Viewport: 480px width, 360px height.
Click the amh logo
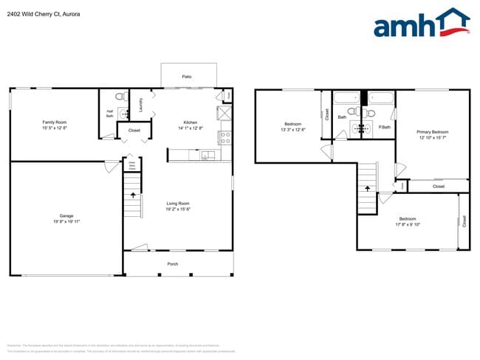[421, 24]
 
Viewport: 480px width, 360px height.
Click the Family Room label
[55, 122]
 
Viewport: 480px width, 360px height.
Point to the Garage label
[66, 216]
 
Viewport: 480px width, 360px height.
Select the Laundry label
[140, 105]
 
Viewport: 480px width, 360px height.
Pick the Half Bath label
[109, 114]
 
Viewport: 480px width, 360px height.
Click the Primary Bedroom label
[433, 131]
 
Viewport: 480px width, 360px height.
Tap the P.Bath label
[384, 127]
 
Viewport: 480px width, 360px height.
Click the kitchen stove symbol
[224, 136]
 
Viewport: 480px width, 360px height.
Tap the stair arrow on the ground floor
[133, 195]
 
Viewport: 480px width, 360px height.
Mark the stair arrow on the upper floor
[367, 189]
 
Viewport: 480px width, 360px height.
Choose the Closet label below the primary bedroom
[438, 187]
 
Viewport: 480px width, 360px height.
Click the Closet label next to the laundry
[134, 131]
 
